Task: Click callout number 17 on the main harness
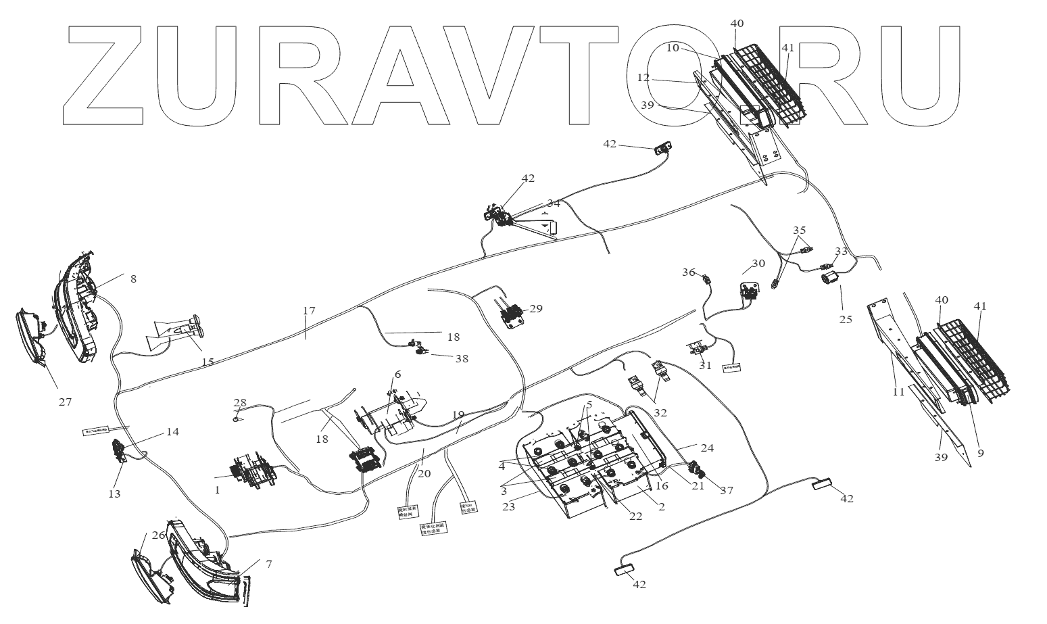309,311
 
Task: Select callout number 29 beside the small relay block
536,308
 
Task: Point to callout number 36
688,272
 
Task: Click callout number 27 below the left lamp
64,402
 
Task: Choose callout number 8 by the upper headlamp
133,279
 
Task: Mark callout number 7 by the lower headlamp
268,564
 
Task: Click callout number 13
114,494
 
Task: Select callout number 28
240,403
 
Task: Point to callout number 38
462,359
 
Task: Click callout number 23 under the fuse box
508,505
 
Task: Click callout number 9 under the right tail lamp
980,453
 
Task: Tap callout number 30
758,264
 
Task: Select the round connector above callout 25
829,277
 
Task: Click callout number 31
706,365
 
